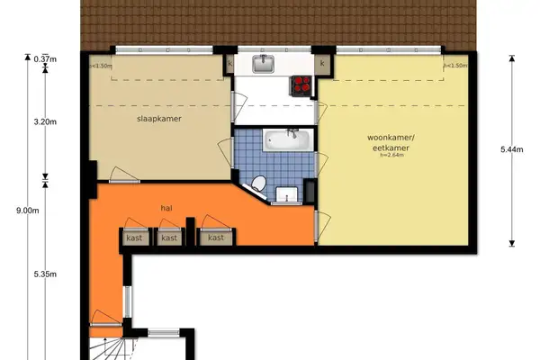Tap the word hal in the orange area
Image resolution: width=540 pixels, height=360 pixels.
pos(166,208)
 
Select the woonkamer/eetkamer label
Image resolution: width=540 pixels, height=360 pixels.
pos(389,142)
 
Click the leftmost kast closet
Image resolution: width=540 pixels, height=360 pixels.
pos(134,238)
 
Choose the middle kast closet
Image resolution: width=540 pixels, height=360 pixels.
pos(169,238)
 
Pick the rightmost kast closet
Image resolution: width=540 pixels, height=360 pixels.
pos(216,238)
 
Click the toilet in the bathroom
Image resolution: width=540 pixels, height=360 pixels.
pos(258,184)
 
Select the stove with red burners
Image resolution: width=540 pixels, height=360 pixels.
pos(300,86)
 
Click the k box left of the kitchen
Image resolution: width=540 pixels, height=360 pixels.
pos(229,65)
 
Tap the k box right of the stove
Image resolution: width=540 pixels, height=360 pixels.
pos(322,65)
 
